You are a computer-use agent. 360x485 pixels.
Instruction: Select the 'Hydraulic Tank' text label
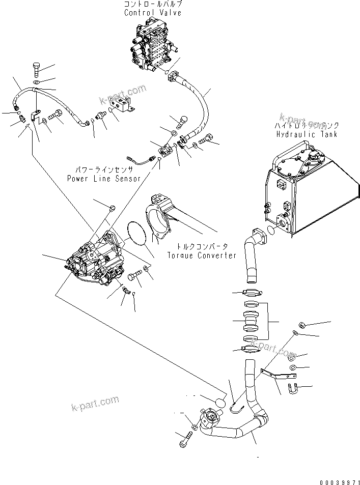[x=307, y=134]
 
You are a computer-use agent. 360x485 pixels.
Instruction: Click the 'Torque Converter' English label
[x=202, y=255]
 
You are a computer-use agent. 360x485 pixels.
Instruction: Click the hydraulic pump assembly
[x=94, y=260]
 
